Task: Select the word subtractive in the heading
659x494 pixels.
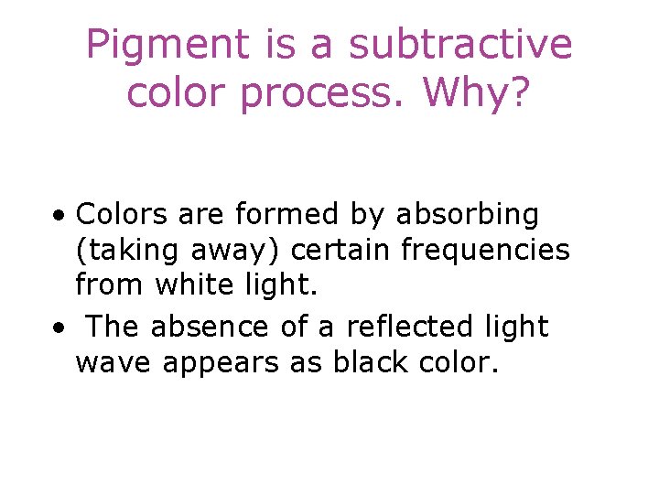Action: [460, 46]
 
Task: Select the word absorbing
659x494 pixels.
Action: [467, 217]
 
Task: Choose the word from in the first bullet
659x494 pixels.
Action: [112, 285]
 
